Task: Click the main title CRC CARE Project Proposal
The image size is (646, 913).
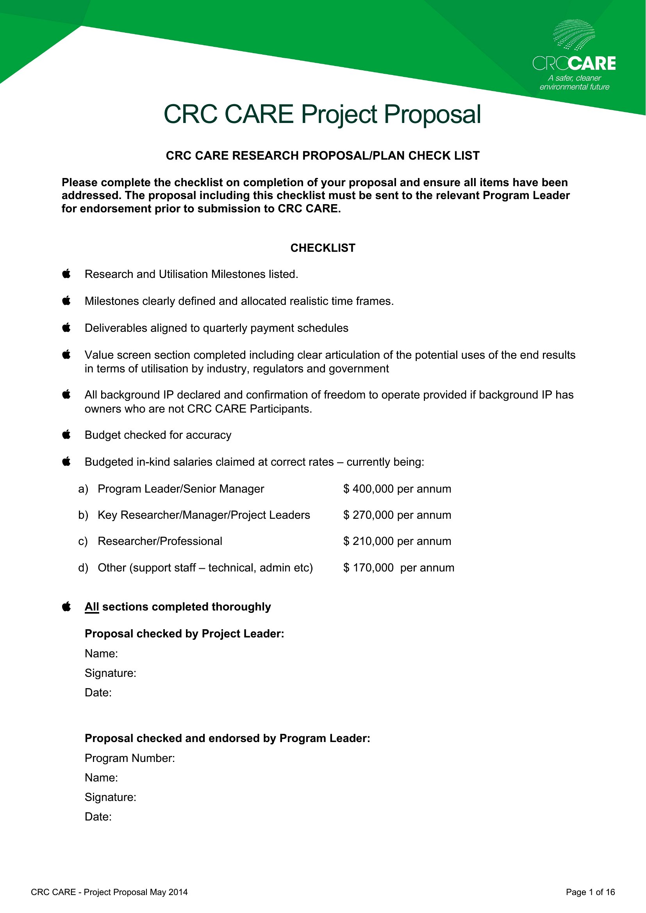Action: pos(322,114)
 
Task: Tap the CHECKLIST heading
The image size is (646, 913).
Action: pos(323,248)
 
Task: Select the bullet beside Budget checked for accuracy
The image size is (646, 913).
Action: pos(66,434)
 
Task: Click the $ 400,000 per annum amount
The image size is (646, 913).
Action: pos(397,489)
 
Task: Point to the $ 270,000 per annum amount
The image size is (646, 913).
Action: pos(397,515)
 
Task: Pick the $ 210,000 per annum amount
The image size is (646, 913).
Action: pos(397,541)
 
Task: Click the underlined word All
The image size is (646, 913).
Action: pos(91,607)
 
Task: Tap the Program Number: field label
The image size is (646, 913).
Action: pos(130,758)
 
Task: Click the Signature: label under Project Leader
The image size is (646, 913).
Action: pos(111,673)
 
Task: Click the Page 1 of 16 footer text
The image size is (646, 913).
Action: pos(590,892)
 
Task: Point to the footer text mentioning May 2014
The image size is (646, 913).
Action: pos(109,892)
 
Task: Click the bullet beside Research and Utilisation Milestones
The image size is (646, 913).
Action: pos(66,274)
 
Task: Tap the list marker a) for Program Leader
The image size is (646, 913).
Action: pos(83,489)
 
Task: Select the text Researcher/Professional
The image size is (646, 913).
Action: pos(160,541)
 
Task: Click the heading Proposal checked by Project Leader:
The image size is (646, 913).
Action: pos(185,634)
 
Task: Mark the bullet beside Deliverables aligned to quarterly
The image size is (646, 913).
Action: pos(66,327)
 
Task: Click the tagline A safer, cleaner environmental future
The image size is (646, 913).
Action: pos(575,82)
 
